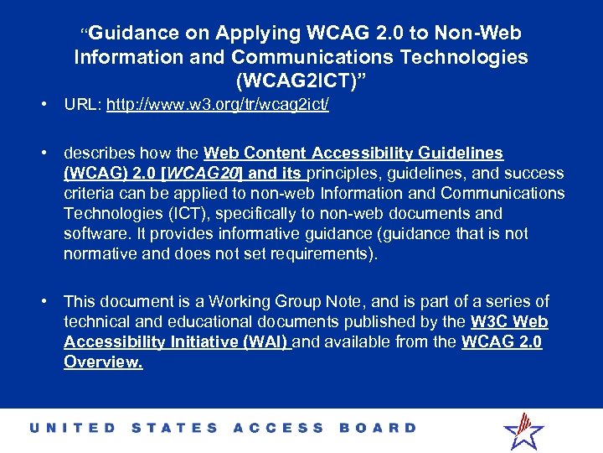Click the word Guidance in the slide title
[134, 34]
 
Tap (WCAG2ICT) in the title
[301, 82]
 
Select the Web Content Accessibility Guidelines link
[353, 153]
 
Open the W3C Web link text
[509, 321]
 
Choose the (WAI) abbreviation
[265, 342]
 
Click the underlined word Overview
[102, 362]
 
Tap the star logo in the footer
[523, 430]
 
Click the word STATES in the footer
[175, 428]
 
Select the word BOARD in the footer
[378, 428]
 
